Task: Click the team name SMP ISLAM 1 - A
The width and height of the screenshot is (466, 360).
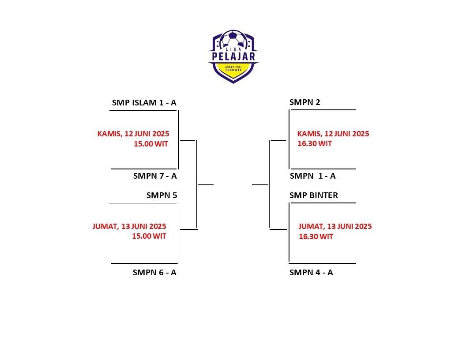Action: [144, 103]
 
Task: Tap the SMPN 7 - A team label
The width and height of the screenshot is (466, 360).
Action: [154, 176]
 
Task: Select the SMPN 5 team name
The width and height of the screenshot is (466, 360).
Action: [162, 195]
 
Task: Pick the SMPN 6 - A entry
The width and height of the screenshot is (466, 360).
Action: [154, 272]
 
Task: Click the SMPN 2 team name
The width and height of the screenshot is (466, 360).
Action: [304, 102]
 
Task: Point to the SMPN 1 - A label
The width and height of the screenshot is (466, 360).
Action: [312, 176]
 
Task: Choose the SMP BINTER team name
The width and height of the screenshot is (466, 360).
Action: [313, 195]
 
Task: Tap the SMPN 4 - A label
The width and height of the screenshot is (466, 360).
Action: [311, 272]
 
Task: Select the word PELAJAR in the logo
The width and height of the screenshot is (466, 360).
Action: [233, 56]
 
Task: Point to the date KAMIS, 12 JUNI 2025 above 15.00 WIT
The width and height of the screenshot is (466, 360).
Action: [133, 133]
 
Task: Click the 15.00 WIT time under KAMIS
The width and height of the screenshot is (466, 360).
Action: [151, 143]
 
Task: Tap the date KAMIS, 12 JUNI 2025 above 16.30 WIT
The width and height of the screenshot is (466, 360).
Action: [333, 134]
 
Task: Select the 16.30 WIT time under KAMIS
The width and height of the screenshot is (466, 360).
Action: [315, 143]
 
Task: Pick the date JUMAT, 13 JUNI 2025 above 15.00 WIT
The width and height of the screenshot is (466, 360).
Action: [129, 226]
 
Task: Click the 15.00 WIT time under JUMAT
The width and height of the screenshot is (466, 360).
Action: [149, 236]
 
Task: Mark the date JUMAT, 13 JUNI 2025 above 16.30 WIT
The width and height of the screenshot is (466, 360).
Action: [335, 226]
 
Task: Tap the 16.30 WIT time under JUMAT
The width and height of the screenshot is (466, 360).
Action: [316, 236]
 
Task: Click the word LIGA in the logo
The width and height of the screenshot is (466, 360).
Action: [233, 49]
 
